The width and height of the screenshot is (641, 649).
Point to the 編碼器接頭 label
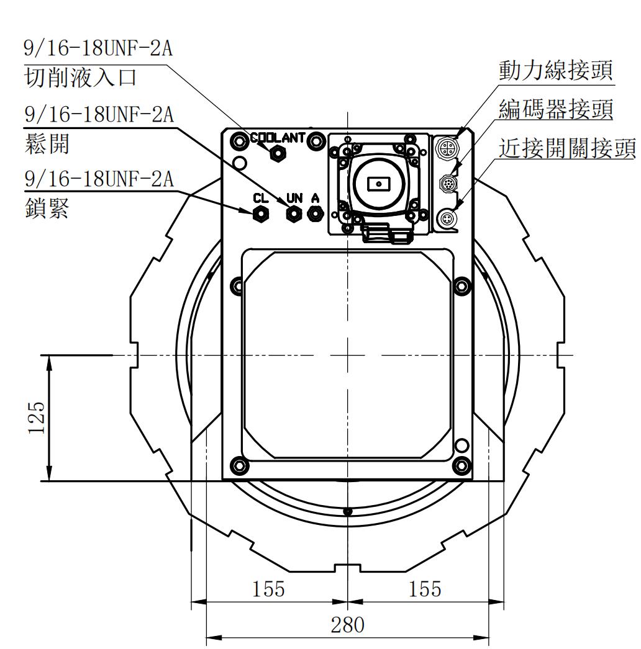pyautogui.click(x=556, y=110)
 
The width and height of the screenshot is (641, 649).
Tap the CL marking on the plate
pyautogui.click(x=260, y=199)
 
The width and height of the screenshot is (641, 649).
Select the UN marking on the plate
pyautogui.click(x=294, y=199)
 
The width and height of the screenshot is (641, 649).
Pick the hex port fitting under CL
pyautogui.click(x=261, y=214)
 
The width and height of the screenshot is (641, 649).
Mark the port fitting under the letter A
pyautogui.click(x=315, y=214)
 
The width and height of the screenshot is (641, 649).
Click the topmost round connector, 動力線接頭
pyautogui.click(x=447, y=148)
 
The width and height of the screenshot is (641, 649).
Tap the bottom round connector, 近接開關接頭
pyautogui.click(x=447, y=218)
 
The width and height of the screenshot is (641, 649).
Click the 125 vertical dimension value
pyautogui.click(x=37, y=417)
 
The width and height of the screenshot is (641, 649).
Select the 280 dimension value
pyautogui.click(x=347, y=625)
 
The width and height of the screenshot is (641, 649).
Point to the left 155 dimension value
pyautogui.click(x=268, y=588)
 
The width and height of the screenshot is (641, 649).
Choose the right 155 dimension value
pyautogui.click(x=425, y=588)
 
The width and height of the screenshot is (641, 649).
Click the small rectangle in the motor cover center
pyautogui.click(x=378, y=184)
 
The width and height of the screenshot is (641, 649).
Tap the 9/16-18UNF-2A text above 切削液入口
pyautogui.click(x=98, y=48)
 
